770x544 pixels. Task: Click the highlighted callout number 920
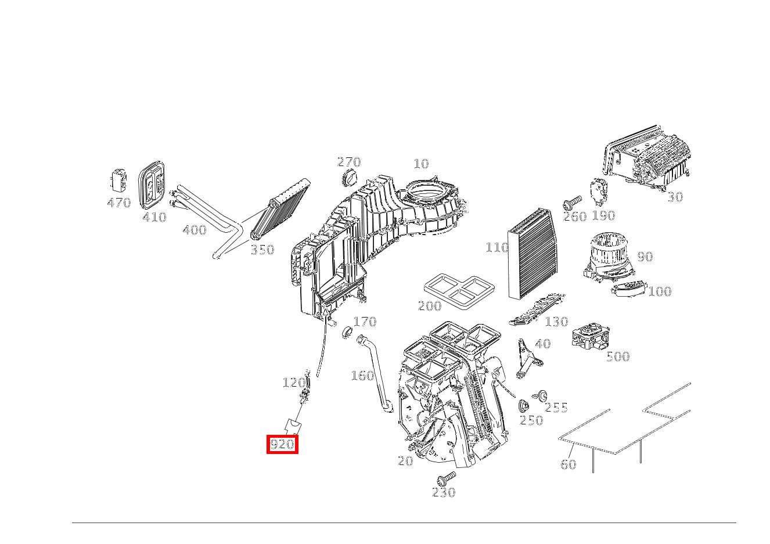(x=282, y=445)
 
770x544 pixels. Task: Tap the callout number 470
(x=118, y=203)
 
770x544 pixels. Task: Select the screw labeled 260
(x=571, y=203)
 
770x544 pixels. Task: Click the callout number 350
(x=262, y=250)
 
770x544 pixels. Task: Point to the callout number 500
(x=617, y=356)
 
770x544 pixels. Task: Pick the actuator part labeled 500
(x=591, y=337)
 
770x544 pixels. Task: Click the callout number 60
(x=568, y=464)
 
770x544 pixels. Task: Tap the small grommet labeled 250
(x=523, y=406)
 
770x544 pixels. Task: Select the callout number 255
(x=556, y=408)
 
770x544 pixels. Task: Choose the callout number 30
(x=675, y=197)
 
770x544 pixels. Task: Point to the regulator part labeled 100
(x=629, y=287)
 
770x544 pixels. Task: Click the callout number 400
(x=194, y=230)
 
